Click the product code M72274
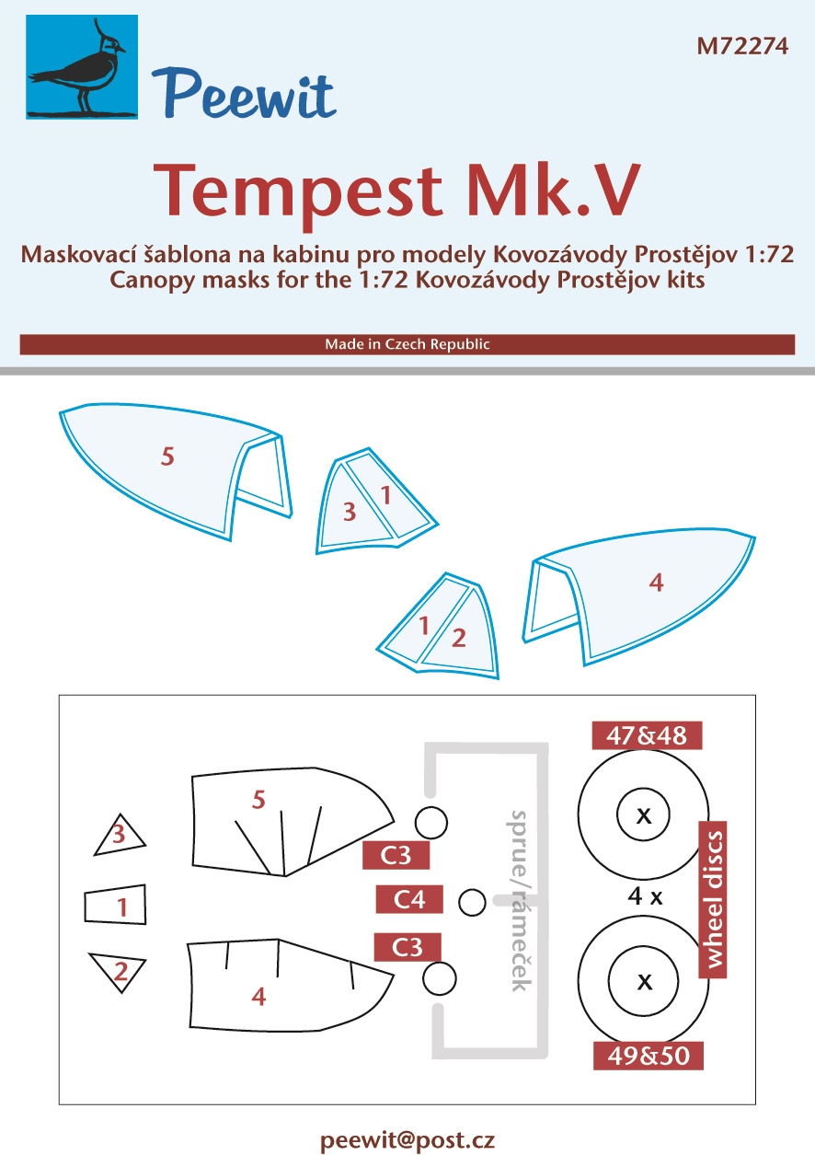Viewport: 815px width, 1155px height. click(x=742, y=46)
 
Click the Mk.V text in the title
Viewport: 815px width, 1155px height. click(x=553, y=190)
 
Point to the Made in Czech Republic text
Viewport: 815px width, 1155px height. click(x=407, y=344)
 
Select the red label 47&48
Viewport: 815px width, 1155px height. click(x=647, y=735)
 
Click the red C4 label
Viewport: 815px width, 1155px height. click(x=409, y=899)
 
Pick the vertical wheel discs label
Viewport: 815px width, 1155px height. click(x=712, y=900)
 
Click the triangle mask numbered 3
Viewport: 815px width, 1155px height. click(x=120, y=835)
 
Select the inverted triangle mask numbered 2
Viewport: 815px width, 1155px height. click(x=118, y=972)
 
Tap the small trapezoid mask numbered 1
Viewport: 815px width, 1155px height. click(x=116, y=905)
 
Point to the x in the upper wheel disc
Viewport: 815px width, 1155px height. click(x=643, y=815)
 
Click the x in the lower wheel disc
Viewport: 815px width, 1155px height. click(x=645, y=982)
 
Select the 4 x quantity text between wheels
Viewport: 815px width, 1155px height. click(x=645, y=897)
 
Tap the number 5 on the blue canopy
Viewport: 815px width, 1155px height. click(x=167, y=456)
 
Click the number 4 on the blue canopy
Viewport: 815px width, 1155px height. click(x=656, y=583)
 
